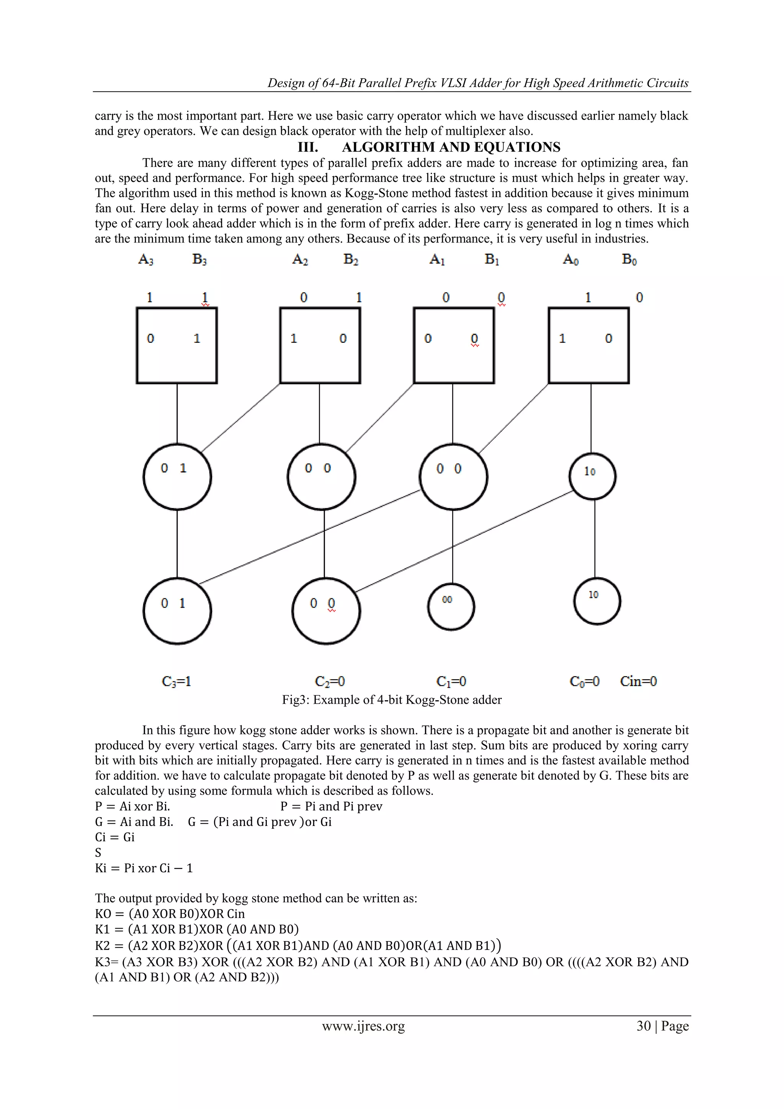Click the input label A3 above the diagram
click(146, 260)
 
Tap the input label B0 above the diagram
click(629, 260)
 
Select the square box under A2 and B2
click(320, 346)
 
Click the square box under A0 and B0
click(588, 346)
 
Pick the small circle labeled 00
click(451, 607)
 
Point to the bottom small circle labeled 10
click(597, 601)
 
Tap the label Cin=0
click(638, 681)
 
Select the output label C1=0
click(451, 681)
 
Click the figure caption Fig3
click(392, 700)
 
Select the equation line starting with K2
click(298, 945)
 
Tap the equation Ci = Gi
click(115, 837)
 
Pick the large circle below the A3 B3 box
click(177, 476)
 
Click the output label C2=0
click(330, 681)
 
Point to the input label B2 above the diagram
click(351, 260)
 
